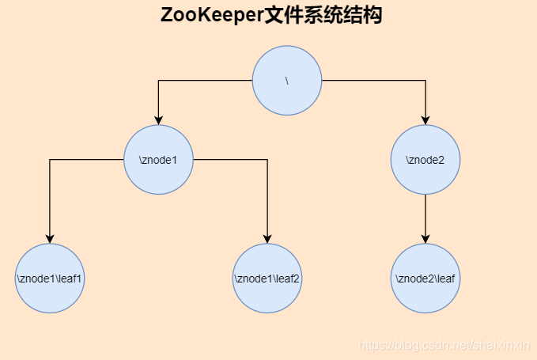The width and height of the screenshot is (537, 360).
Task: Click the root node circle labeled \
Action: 287,81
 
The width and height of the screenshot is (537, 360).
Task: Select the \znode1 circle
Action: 159,160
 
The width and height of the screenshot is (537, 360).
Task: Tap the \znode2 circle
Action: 426,160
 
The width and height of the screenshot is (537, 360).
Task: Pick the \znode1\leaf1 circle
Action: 50,279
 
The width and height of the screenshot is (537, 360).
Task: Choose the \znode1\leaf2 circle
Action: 267,279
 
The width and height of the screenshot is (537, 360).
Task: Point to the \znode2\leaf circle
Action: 426,279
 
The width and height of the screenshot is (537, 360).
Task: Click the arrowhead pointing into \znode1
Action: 159,120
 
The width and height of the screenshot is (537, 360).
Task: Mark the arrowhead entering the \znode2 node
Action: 426,120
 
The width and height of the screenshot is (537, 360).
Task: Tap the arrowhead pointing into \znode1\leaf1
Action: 50,239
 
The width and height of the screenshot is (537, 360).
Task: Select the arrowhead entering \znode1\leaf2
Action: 267,239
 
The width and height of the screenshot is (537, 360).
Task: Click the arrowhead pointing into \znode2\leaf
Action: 426,239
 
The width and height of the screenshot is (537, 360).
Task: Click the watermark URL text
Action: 444,346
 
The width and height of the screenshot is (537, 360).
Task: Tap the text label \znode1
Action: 158,160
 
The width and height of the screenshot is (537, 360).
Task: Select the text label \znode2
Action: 425,160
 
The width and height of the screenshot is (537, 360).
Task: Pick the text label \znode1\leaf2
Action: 267,279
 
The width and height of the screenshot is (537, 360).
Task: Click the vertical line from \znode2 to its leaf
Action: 426,215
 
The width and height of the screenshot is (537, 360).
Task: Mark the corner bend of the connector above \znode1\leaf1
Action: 50,160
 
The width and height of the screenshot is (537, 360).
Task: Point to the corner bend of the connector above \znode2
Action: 426,81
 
